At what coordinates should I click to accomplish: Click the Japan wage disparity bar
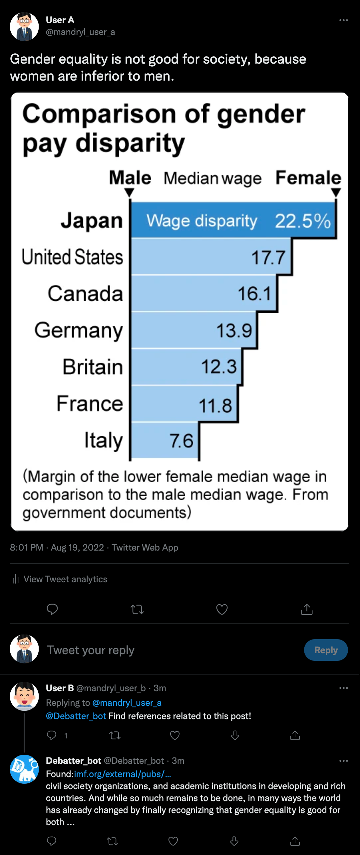coord(233,220)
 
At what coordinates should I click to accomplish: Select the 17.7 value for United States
coord(268,257)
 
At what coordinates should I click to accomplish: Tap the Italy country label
coord(103,440)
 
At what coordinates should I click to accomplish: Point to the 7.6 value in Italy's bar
coord(181,441)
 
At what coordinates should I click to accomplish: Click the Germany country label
coord(79,330)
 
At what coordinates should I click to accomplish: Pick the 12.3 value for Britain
coord(219,366)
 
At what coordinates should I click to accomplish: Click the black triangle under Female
coord(336,192)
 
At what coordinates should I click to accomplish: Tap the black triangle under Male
coord(129,192)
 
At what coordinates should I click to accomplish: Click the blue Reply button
coord(326,650)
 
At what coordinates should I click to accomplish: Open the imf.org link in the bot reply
coord(122,774)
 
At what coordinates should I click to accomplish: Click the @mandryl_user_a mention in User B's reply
coord(127,703)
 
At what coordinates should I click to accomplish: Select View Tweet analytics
coord(65,579)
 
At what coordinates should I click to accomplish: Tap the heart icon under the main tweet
coord(222,609)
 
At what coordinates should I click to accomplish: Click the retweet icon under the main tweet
coord(137,610)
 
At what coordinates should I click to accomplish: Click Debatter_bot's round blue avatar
coord(24,769)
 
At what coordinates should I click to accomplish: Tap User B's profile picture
coord(24,696)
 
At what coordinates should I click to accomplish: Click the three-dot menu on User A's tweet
coord(343,20)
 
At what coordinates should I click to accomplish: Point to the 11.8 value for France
coord(215,405)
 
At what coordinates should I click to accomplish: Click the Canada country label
coord(85,293)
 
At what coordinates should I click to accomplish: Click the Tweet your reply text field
coord(91,650)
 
